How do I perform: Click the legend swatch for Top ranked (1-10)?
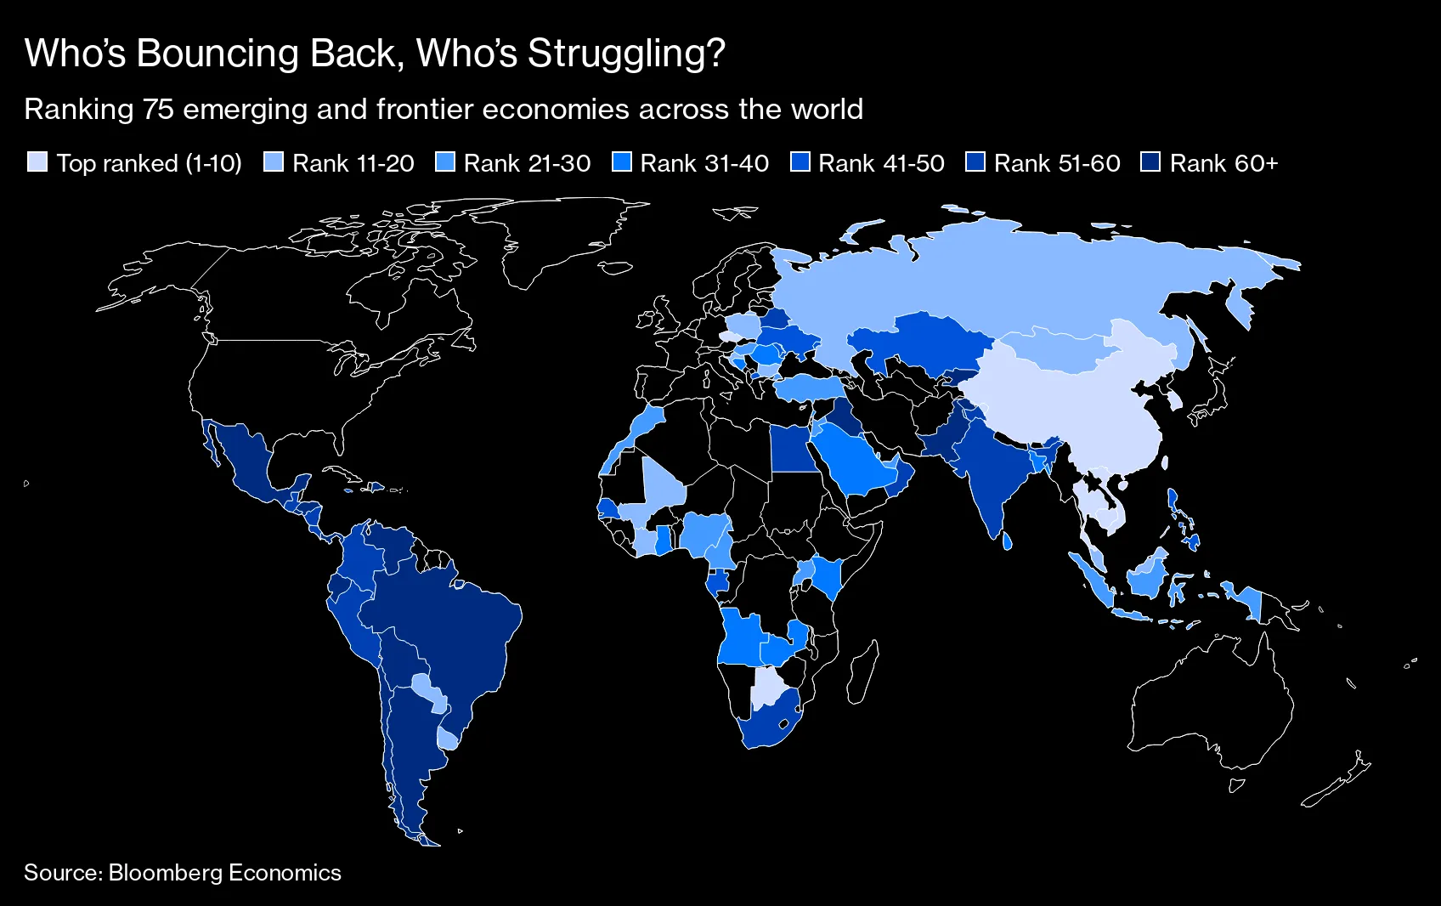(37, 162)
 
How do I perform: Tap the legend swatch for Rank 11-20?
(274, 162)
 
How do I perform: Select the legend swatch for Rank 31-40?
(622, 162)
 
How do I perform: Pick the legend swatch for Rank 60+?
(1150, 162)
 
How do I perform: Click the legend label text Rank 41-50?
(881, 163)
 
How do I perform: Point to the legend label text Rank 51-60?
(1057, 163)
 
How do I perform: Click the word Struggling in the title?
(626, 54)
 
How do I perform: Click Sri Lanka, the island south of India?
(1007, 541)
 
